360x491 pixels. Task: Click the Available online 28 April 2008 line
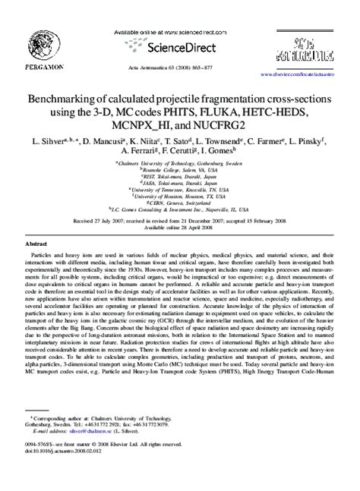[x=179, y=226]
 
